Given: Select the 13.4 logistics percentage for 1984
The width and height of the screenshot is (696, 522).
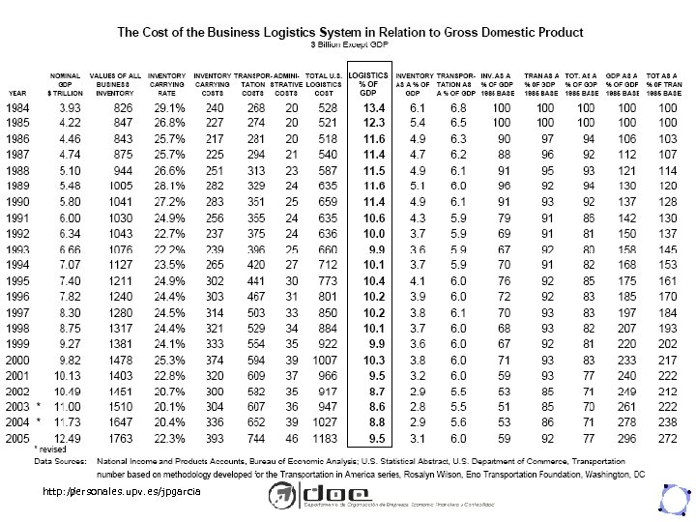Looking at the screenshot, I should click(374, 106).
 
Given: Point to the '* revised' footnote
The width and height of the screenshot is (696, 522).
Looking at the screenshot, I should click(51, 450).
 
